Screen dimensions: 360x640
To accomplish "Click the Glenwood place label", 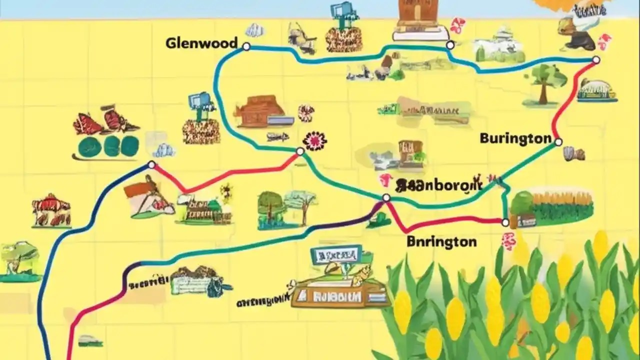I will tap(201, 43).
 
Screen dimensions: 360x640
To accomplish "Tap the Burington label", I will tap(515, 138).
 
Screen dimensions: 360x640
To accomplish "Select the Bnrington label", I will tap(441, 242).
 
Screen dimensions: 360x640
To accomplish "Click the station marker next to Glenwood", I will tap(246, 46).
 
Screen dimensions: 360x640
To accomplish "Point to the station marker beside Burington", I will tap(558, 142).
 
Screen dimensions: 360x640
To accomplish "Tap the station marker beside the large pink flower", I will tap(300, 151).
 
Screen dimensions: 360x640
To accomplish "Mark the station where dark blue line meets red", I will tap(151, 165).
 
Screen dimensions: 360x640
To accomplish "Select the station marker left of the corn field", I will tap(505, 222).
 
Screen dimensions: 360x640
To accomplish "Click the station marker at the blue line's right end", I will tap(595, 60).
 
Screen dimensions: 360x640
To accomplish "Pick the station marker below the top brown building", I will tap(450, 45).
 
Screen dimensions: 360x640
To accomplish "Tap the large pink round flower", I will tap(314, 140).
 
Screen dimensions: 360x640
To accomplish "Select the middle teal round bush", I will tap(108, 146).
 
